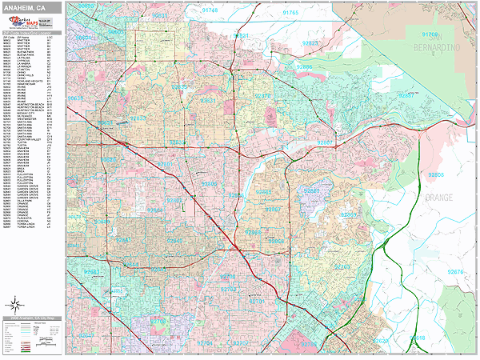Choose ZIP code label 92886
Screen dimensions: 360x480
click(x=305, y=66)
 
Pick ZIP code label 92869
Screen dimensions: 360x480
click(x=350, y=214)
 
